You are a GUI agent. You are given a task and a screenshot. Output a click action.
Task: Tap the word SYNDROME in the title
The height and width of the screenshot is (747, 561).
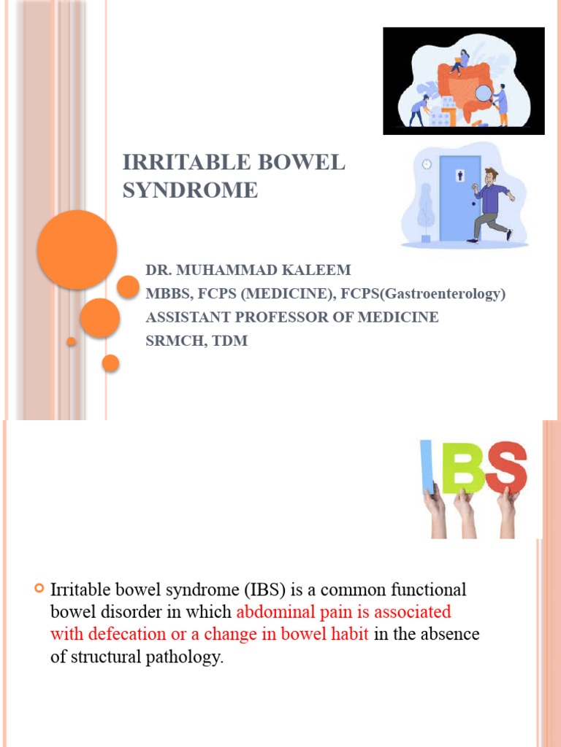pos(190,190)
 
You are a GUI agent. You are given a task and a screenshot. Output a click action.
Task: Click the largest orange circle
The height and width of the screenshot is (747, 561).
pos(77,249)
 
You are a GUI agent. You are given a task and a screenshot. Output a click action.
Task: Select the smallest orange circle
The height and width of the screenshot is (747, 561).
pos(71,341)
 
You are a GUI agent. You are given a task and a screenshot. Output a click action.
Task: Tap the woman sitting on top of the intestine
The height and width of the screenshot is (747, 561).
pos(460,61)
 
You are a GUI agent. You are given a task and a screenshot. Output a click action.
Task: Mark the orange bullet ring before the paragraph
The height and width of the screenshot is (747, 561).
pos(40,588)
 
